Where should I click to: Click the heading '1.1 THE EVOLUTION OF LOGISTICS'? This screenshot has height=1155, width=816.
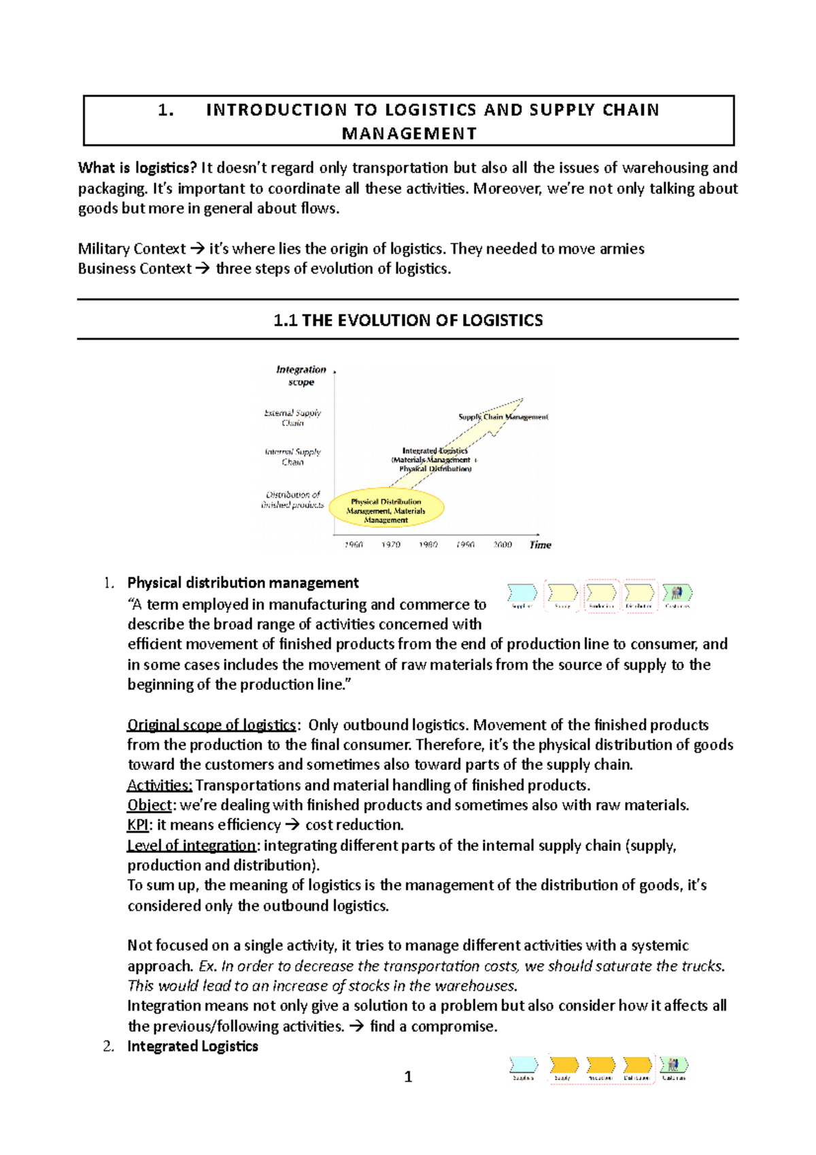click(408, 320)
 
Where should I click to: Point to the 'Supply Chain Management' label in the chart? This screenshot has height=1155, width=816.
click(503, 417)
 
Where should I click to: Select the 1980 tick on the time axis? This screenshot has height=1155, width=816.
click(428, 545)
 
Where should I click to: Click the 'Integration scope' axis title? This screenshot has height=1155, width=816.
click(301, 375)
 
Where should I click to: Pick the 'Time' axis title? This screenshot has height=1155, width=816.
click(540, 545)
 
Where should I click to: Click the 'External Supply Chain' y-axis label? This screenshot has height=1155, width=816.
click(292, 418)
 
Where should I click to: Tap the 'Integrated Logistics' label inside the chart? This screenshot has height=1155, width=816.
click(435, 451)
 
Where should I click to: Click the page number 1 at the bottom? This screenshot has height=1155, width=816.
click(408, 1076)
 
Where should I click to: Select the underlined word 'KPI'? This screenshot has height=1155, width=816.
click(137, 825)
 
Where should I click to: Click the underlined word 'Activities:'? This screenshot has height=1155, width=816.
click(160, 785)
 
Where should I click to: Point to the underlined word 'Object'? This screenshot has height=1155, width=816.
click(149, 805)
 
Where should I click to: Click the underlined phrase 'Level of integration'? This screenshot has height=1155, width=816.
click(191, 846)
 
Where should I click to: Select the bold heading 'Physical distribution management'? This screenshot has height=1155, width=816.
click(243, 583)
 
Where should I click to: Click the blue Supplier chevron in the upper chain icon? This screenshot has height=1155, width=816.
click(522, 593)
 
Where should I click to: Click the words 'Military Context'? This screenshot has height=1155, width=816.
click(131, 249)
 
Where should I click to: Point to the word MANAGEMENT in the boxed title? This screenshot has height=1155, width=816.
click(409, 133)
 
